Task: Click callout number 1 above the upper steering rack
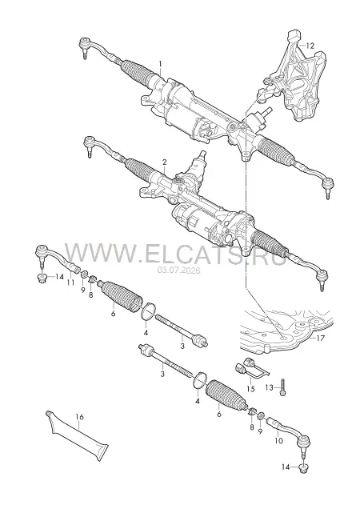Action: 159,64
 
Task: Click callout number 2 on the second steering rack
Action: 165,162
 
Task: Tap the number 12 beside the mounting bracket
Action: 310,46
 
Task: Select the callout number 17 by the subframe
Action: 320,339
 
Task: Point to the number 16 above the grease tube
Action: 79,416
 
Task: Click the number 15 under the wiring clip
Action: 250,389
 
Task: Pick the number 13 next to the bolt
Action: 270,387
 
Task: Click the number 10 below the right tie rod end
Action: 278,440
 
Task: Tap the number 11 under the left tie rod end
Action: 70,283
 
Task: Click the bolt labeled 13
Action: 282,387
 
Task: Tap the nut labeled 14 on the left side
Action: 42,278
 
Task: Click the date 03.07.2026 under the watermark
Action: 179,270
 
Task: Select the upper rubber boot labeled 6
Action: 122,297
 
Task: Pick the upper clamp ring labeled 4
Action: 149,311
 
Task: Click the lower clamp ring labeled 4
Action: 200,380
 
